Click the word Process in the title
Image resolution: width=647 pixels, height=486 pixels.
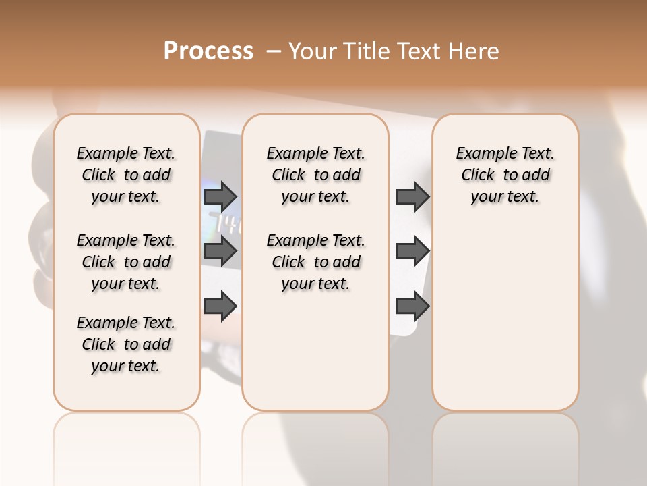[208, 51]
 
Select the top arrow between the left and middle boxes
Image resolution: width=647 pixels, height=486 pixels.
[220, 196]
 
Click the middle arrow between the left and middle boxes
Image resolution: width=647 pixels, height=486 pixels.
[220, 251]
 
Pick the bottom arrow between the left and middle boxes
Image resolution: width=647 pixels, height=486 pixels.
[220, 306]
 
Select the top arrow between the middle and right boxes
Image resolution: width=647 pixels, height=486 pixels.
[412, 196]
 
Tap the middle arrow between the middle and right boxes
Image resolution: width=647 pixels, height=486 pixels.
[412, 251]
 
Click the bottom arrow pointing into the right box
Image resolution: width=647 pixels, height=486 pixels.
[412, 306]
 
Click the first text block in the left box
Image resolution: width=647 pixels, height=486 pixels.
[126, 175]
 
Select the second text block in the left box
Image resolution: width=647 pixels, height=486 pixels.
[126, 262]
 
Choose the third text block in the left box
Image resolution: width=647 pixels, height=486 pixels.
[126, 344]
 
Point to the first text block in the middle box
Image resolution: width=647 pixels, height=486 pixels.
[315, 175]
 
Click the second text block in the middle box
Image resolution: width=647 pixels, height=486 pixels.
[315, 262]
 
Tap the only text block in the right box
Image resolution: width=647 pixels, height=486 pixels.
[505, 175]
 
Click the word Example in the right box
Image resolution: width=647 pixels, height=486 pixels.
[481, 154]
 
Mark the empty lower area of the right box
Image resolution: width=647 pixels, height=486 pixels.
[505, 317]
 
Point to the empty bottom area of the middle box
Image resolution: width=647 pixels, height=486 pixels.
[315, 358]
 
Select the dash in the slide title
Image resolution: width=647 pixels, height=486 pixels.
[273, 51]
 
